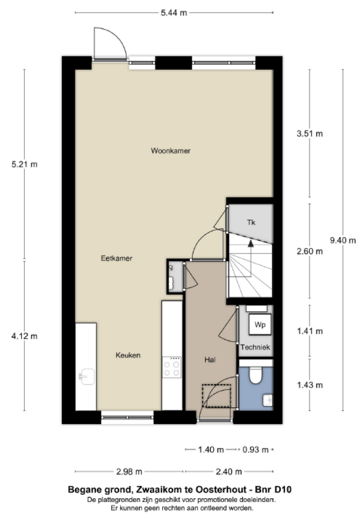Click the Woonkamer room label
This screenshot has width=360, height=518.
tap(170, 151)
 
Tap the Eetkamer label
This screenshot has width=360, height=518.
tap(116, 258)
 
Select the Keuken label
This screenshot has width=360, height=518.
tap(128, 355)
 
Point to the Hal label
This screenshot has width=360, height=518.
tap(210, 360)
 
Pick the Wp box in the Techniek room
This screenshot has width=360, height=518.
tap(259, 324)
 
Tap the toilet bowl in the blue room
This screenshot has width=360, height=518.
tap(256, 375)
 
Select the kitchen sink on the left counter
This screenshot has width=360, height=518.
tap(87, 376)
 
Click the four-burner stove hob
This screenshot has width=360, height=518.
tap(172, 367)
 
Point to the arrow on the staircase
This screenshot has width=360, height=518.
tap(251, 244)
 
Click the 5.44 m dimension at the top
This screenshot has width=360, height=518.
tap(173, 13)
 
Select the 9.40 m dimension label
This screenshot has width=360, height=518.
tap(343, 240)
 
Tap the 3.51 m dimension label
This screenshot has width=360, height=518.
tap(310, 133)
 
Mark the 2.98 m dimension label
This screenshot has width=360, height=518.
tap(129, 472)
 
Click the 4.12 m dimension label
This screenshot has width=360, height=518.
tap(25, 336)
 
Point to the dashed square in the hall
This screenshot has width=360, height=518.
tap(217, 396)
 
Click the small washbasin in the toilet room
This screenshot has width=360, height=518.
tap(268, 400)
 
